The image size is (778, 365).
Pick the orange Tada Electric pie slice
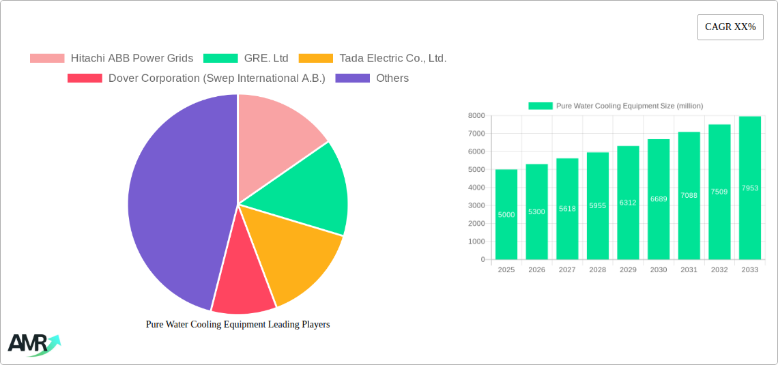point(297,256)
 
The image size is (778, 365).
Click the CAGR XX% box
point(730,27)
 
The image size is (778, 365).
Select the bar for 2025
point(506,214)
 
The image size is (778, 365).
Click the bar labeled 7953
point(749,188)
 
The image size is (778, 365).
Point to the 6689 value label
point(659,199)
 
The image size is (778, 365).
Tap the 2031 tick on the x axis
point(689,270)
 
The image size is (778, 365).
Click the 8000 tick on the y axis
point(476,116)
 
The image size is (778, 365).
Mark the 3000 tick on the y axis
point(476,205)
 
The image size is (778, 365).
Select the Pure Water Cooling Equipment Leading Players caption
point(237,325)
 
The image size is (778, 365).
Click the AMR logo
point(33,345)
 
